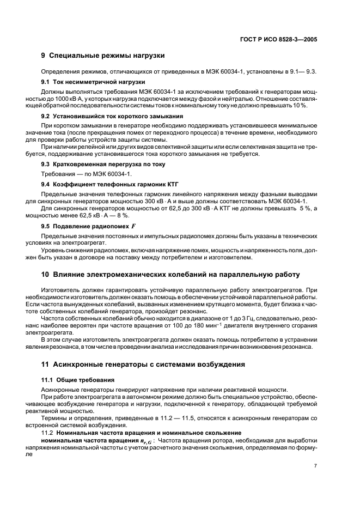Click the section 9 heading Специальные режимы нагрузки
(103, 56)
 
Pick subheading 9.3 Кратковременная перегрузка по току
(103, 164)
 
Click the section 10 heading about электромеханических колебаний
(169, 274)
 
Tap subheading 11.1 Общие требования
(76, 379)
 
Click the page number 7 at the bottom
(315, 466)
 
